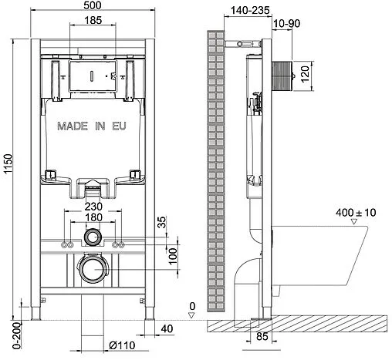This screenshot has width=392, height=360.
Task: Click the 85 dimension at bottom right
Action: [262, 336]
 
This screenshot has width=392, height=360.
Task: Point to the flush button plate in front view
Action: [92, 77]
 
